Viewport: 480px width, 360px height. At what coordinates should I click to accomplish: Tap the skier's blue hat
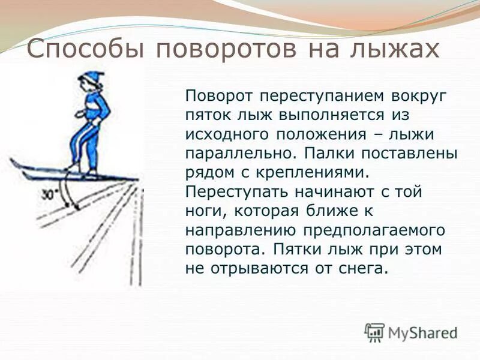point(91,77)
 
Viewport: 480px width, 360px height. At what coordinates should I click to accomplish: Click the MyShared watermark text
point(422,332)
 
